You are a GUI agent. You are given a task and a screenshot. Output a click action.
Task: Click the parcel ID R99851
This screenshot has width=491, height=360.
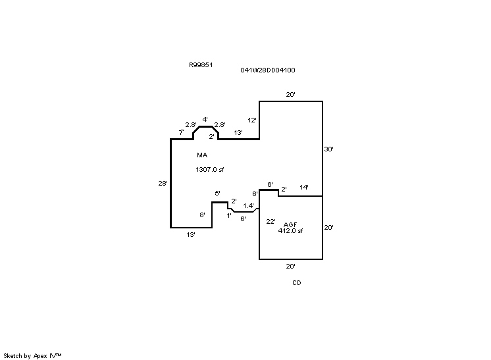click(x=200, y=65)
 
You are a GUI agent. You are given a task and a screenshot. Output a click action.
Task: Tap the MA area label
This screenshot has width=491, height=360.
click(x=202, y=155)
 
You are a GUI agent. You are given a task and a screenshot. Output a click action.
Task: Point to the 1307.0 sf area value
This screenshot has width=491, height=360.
click(x=209, y=170)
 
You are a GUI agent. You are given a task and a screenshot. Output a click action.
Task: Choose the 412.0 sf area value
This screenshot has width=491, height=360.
click(x=290, y=231)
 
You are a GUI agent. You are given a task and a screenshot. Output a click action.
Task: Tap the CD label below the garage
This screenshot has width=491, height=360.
click(x=297, y=283)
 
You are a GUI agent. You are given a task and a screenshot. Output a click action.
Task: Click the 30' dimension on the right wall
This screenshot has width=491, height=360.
click(x=329, y=149)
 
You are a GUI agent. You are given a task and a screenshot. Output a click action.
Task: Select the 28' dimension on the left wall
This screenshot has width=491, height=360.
click(x=163, y=184)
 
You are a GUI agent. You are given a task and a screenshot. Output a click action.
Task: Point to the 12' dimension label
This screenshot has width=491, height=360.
click(x=252, y=120)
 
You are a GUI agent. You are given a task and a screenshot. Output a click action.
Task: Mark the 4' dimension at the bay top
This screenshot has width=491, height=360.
click(x=205, y=120)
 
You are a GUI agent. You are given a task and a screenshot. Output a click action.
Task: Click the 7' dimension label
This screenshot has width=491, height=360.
click(x=181, y=133)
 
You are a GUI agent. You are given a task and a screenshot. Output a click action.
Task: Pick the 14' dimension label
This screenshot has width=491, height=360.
click(x=304, y=188)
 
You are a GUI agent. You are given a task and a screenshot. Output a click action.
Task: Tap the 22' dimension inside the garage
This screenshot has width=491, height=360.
click(x=271, y=222)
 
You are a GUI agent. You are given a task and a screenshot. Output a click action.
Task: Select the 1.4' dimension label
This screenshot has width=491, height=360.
click(x=248, y=206)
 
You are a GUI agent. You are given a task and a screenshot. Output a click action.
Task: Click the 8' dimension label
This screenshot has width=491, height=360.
click(x=203, y=215)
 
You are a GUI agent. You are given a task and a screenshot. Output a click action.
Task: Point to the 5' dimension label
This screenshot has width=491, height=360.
click(x=218, y=193)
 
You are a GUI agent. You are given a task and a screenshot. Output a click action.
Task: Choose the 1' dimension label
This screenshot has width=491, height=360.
click(x=229, y=215)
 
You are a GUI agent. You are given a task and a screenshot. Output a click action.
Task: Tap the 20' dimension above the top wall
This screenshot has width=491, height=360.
click(x=290, y=95)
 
